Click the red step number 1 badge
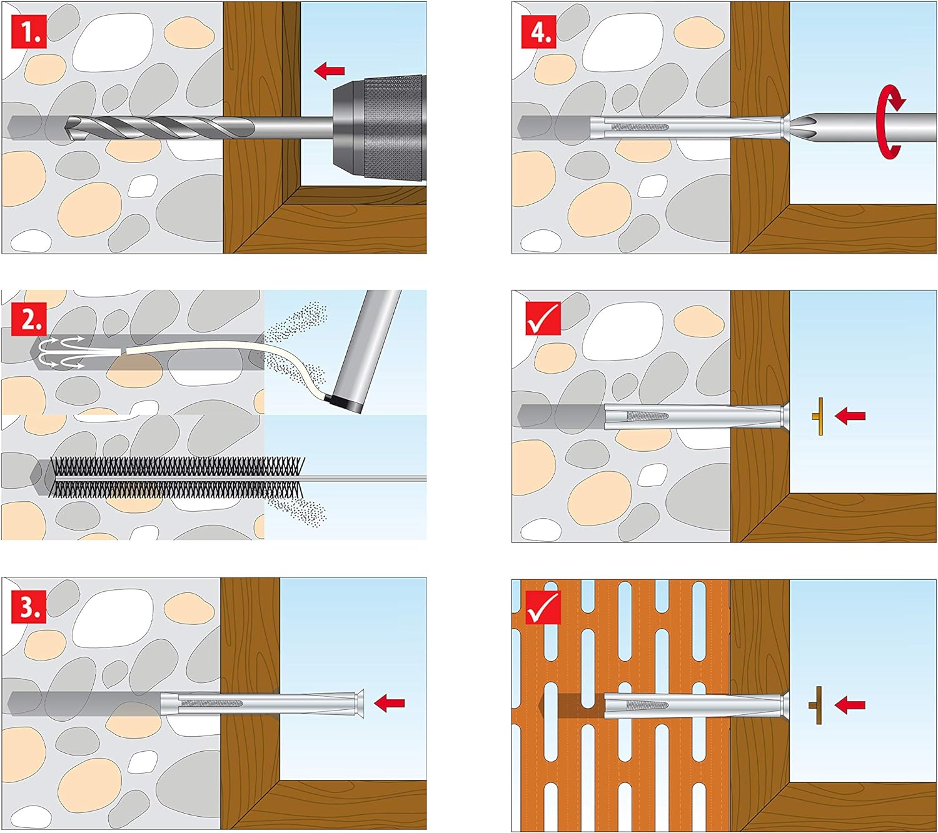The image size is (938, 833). click(29, 32)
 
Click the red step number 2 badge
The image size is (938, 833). click(29, 321)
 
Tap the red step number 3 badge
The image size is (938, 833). click(29, 607)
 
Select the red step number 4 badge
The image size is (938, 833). click(539, 32)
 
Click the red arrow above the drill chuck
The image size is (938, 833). click(329, 71)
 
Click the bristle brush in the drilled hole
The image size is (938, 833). click(175, 478)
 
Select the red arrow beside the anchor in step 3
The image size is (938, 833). click(389, 703)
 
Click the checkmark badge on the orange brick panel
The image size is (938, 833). click(543, 607)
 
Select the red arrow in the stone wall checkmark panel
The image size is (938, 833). click(850, 416)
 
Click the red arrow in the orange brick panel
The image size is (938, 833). click(850, 705)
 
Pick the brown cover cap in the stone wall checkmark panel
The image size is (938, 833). click(819, 416)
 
